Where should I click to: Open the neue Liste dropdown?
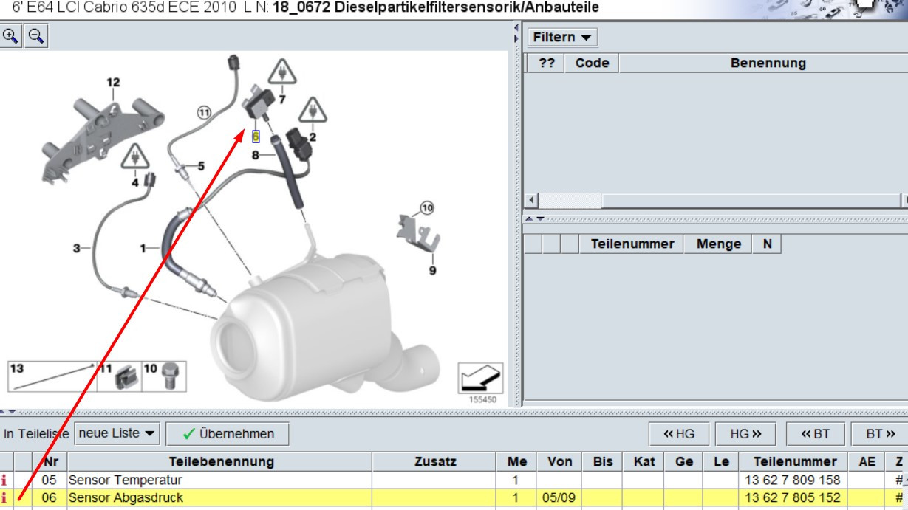tap(117, 433)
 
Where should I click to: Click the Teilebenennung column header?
tap(222, 463)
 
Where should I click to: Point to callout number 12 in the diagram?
tap(112, 82)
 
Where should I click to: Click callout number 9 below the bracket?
tap(432, 270)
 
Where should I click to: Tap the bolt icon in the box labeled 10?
tap(170, 375)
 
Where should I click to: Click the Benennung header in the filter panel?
tap(768, 63)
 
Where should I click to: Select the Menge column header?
tap(720, 244)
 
